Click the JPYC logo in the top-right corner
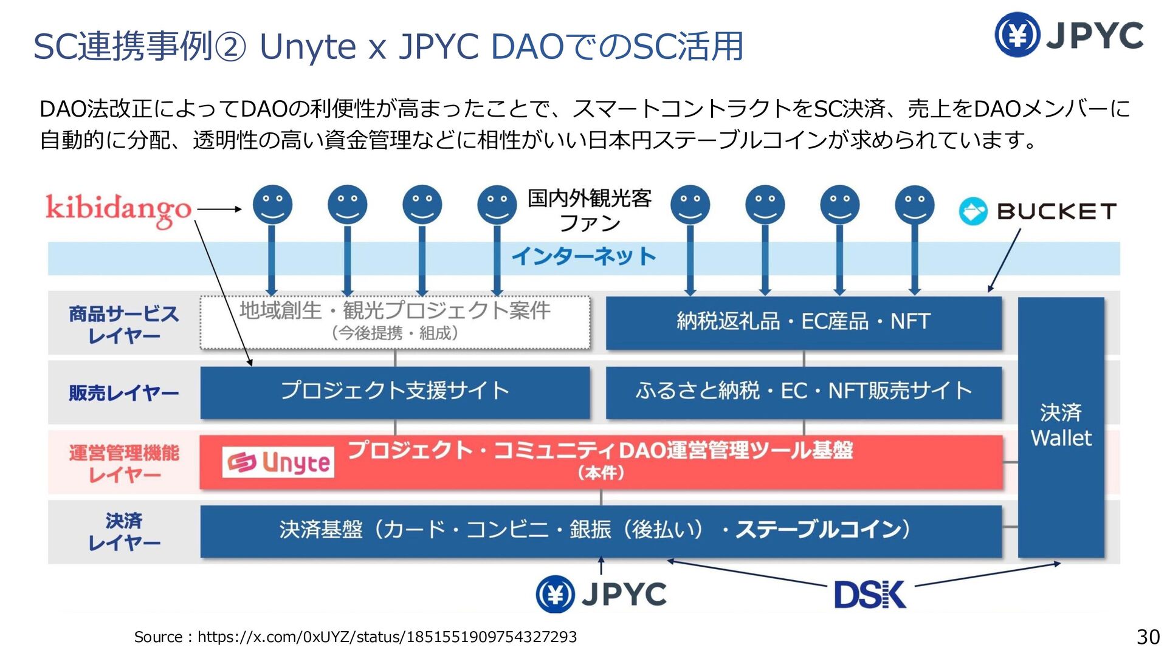1069,35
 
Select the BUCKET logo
1038,211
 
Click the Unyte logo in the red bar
278,462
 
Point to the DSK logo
870,595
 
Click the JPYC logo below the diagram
601,593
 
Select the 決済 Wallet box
1061,427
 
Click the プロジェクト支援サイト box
395,392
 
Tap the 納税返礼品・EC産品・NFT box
804,323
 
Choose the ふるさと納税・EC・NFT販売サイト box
804,392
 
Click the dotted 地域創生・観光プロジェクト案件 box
395,323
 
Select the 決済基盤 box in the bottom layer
601,531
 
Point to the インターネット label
583,256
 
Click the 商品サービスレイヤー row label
124,324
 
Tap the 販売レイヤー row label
124,393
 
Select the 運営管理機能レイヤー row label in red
124,463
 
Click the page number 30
1148,637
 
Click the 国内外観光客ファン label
589,210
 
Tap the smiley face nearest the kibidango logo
272,205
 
